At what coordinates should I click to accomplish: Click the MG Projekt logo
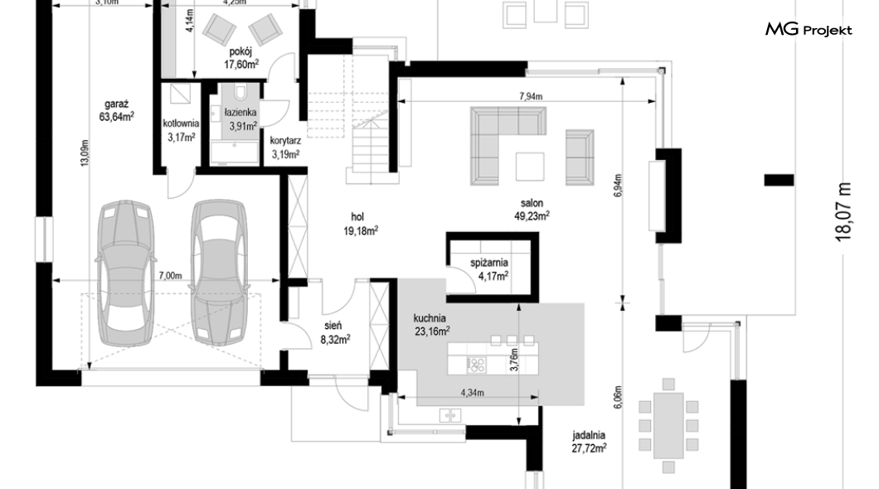tap(809, 30)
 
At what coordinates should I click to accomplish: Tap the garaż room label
tap(117, 104)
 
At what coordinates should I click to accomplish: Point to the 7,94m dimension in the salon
tap(531, 96)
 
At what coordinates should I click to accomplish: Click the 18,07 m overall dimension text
tap(843, 211)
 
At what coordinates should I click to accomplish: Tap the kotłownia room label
tap(181, 123)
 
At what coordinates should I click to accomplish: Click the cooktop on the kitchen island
tap(476, 365)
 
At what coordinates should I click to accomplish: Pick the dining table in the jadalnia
tap(668, 426)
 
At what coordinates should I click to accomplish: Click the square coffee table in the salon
tap(530, 167)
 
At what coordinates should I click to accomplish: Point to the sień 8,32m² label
tap(335, 332)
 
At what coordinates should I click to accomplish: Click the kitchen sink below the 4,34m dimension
tap(451, 415)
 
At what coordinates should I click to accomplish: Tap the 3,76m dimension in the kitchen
tap(514, 361)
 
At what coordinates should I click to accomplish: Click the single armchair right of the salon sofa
tap(580, 157)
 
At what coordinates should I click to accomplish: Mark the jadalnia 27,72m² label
tap(589, 442)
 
